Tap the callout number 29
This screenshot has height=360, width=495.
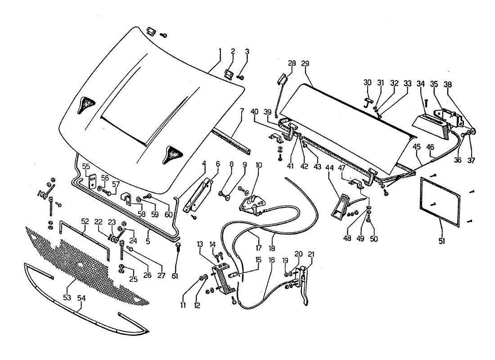(x=306, y=64)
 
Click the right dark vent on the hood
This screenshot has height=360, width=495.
(x=173, y=154)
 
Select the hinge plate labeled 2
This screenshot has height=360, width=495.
(x=229, y=74)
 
